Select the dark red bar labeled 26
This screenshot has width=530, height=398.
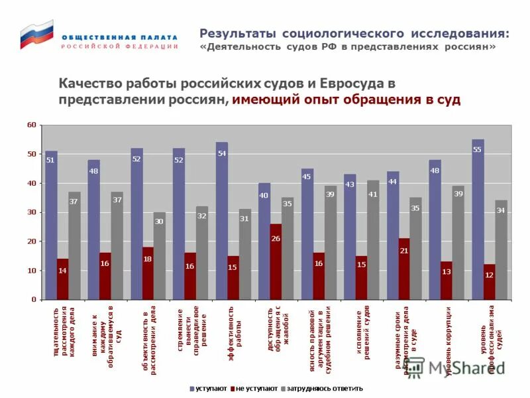coord(276,261)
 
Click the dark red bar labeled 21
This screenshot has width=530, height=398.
coord(404,269)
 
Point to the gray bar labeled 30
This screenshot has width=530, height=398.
coord(159,255)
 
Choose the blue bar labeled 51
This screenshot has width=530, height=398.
coord(51,225)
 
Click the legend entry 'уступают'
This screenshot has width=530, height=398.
coord(209,388)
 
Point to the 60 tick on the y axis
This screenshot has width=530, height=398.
coord(32,125)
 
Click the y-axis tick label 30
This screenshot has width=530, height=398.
coord(32,212)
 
